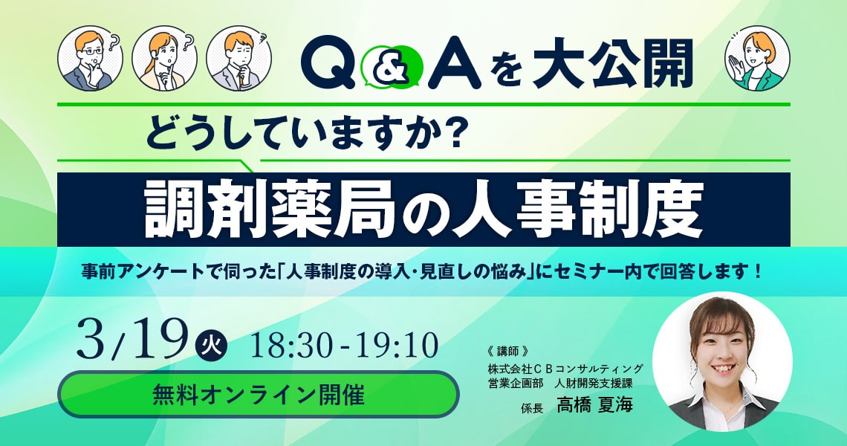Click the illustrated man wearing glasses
tap(90, 58)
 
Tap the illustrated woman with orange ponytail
tap(164, 58)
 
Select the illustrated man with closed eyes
tap(238, 58)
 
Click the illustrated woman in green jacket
tap(757, 58)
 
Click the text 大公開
tap(612, 64)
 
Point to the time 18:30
tap(291, 345)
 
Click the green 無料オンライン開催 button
tap(259, 394)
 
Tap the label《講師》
tap(507, 352)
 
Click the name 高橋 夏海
tap(594, 405)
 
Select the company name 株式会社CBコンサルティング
tap(565, 369)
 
